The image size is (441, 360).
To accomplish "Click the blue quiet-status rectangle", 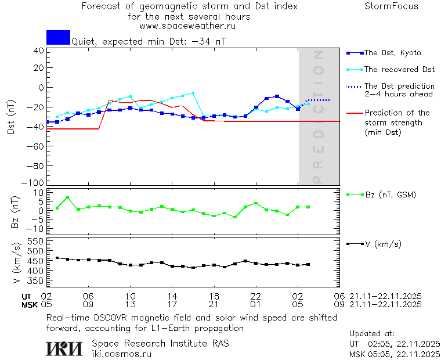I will click(58, 37).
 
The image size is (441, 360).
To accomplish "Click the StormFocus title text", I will click(391, 6).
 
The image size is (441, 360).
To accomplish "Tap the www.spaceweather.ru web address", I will click(187, 26).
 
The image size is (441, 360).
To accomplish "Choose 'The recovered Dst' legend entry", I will click(399, 70).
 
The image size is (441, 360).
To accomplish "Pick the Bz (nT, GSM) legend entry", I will click(390, 195).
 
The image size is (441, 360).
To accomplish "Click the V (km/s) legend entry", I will click(382, 244).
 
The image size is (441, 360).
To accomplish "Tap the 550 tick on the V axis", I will click(37, 241).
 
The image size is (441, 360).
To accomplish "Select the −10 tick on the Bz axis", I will click(37, 229).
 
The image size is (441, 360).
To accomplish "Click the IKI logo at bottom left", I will click(64, 348).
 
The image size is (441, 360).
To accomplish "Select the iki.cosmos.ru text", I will click(121, 354).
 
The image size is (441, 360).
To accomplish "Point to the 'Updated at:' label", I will click(371, 334).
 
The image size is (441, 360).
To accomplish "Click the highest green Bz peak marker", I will click(67, 198).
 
